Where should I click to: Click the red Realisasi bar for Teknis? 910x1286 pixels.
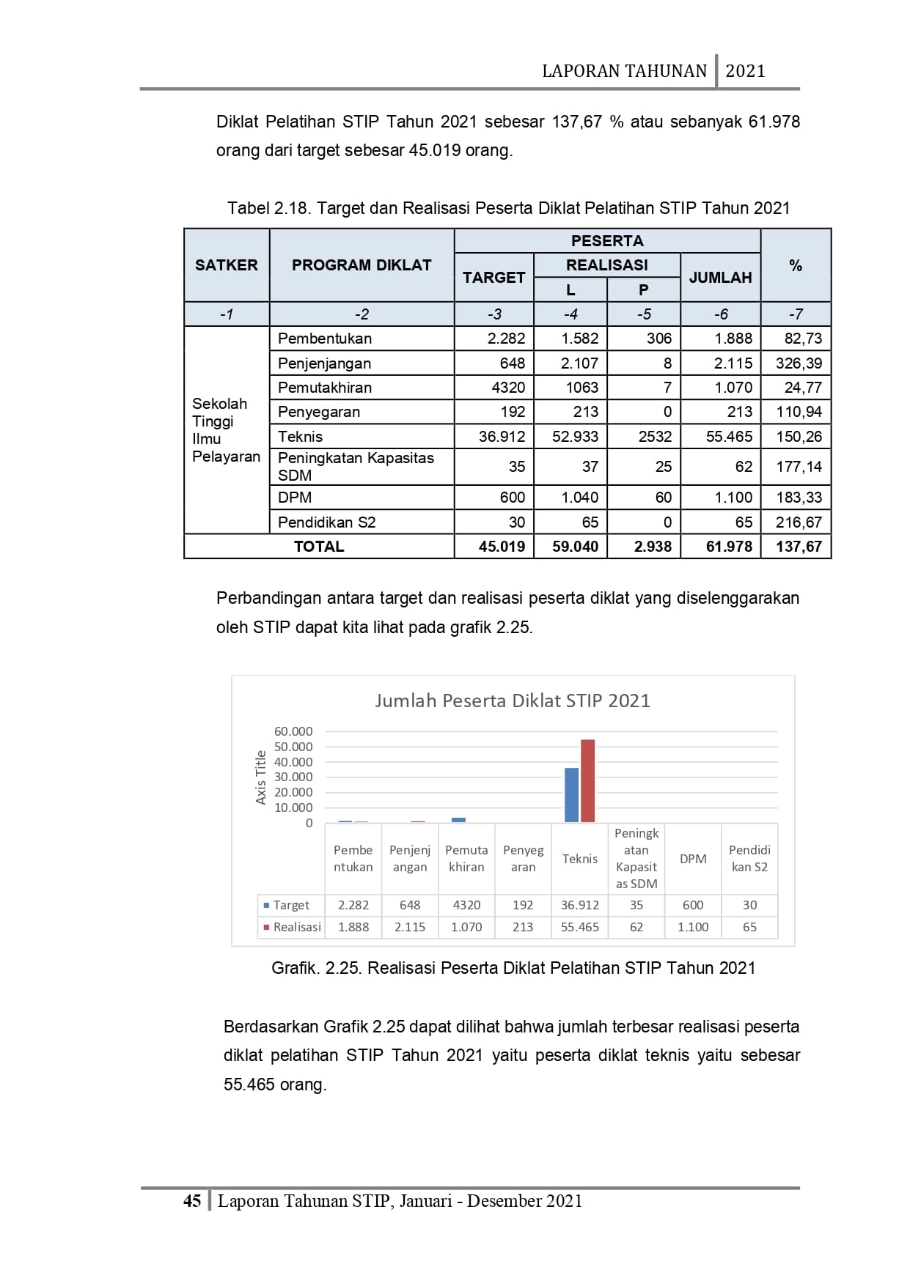[587, 781]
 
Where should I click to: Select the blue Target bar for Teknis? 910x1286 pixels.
[571, 795]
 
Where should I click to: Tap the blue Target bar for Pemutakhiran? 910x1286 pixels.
[458, 820]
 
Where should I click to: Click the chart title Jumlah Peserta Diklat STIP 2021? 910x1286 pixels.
[513, 701]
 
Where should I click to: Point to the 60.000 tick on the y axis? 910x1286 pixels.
[293, 731]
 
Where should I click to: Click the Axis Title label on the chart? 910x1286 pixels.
[260, 777]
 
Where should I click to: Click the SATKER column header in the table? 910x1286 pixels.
[227, 265]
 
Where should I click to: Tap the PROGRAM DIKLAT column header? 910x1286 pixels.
[362, 265]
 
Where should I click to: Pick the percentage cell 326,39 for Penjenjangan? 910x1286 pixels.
[799, 363]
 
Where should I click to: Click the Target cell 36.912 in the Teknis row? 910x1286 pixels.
[502, 437]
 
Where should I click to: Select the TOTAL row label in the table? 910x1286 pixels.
[319, 547]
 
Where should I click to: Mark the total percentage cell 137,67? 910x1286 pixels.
[799, 547]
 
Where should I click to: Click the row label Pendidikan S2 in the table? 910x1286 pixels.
[326, 522]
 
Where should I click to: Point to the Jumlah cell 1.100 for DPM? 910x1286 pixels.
[733, 498]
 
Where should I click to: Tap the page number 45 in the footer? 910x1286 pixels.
[192, 1201]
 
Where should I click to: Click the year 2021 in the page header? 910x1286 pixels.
[745, 71]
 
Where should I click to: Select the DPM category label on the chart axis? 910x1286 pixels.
[693, 859]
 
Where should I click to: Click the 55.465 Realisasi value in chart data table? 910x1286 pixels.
[579, 927]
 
